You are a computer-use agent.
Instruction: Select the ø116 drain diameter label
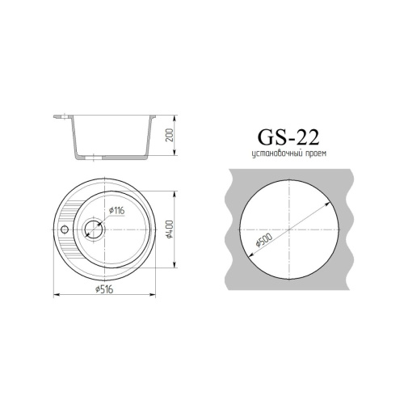[116, 212]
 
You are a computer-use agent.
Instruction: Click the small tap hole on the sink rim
[65, 229]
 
